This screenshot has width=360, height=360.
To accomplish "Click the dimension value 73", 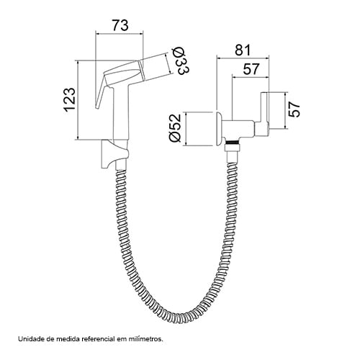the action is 120,25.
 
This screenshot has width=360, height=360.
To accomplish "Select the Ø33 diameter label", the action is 182,60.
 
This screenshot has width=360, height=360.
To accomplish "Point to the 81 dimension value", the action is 243,50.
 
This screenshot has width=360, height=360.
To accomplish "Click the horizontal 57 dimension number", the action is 251,69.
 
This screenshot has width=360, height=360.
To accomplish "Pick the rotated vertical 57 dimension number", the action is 294,109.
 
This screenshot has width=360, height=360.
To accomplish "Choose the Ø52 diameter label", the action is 175,127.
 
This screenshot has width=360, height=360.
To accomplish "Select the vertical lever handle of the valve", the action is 265,110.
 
